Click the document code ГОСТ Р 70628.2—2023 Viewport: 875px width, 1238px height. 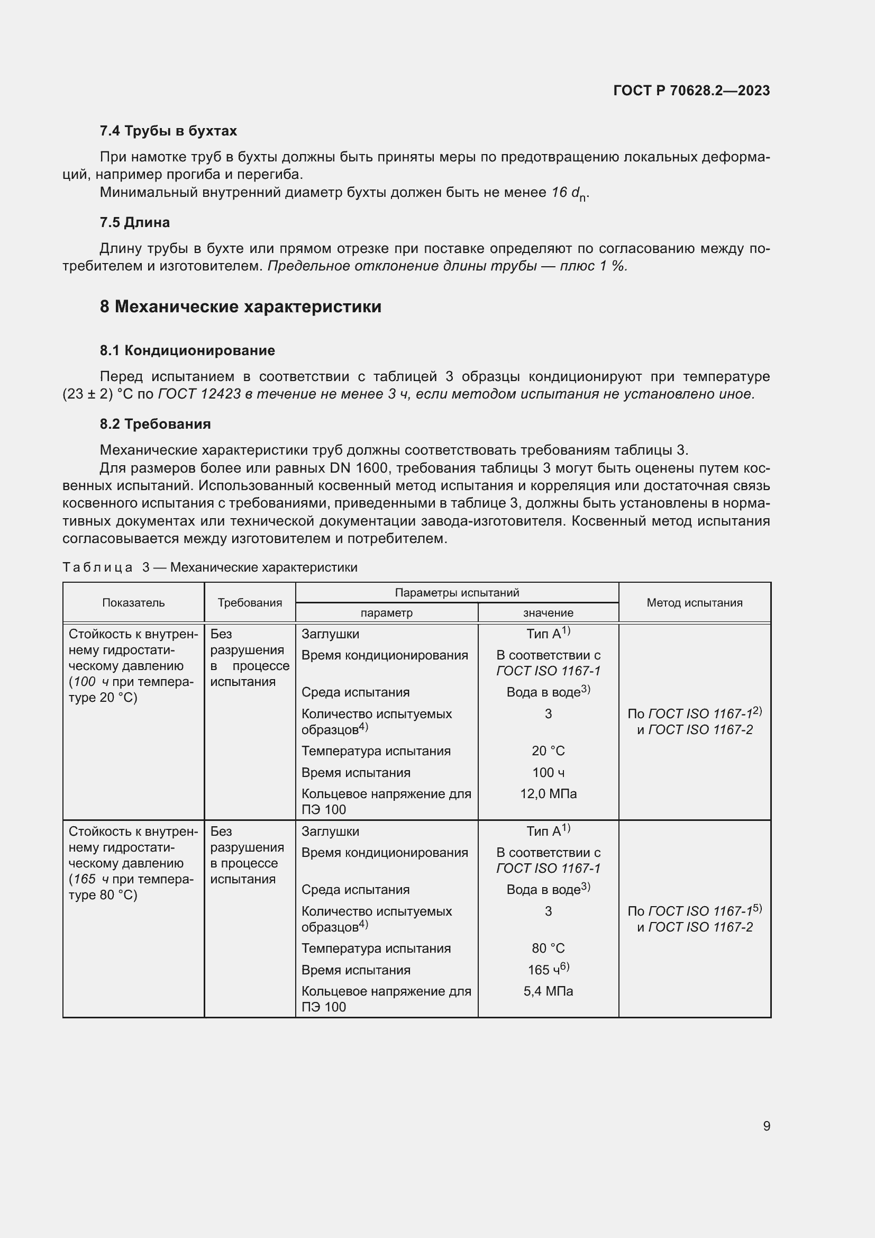[x=691, y=91]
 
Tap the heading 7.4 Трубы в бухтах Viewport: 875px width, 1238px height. [x=168, y=131]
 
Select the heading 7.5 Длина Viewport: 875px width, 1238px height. [x=135, y=222]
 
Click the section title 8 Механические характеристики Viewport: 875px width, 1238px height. [x=240, y=306]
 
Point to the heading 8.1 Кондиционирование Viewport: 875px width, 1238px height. [x=187, y=350]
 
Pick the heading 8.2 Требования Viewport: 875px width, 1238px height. [x=155, y=424]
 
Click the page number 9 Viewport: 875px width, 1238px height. [x=766, y=1126]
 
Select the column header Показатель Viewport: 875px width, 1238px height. [x=133, y=603]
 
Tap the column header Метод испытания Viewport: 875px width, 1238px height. [x=694, y=603]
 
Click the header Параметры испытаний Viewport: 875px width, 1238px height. [x=457, y=593]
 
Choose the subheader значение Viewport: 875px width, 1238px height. [x=548, y=612]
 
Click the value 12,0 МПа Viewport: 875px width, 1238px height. [x=548, y=794]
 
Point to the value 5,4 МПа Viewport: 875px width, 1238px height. [x=548, y=991]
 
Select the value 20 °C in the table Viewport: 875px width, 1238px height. [x=548, y=751]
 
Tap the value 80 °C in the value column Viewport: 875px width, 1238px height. [x=548, y=948]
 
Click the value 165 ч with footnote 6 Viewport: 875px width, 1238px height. [x=548, y=970]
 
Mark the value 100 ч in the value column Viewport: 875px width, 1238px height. [x=548, y=773]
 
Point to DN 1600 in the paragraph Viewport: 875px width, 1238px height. [x=355, y=468]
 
